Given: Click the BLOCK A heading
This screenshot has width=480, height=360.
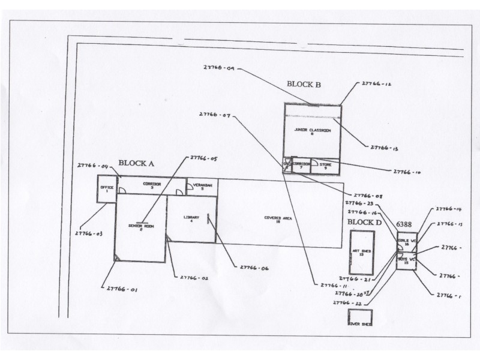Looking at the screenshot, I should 136,163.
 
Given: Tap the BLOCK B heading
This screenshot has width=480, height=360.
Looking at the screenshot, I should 303,85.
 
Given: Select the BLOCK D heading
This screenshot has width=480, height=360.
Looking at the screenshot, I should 364,223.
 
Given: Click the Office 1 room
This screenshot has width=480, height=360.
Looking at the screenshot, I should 106,189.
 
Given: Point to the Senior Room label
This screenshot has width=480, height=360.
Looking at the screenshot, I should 141,227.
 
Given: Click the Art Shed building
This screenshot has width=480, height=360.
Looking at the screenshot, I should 361,253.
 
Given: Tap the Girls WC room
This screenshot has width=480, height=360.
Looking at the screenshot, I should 406,242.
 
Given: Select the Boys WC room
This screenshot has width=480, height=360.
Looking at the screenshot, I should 407,261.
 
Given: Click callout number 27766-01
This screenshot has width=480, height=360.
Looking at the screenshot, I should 122,289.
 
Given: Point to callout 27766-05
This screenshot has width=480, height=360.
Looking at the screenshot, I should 203,158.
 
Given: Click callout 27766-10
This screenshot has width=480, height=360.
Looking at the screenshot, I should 407,172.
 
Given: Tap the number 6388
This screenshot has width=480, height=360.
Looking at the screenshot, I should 403,224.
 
